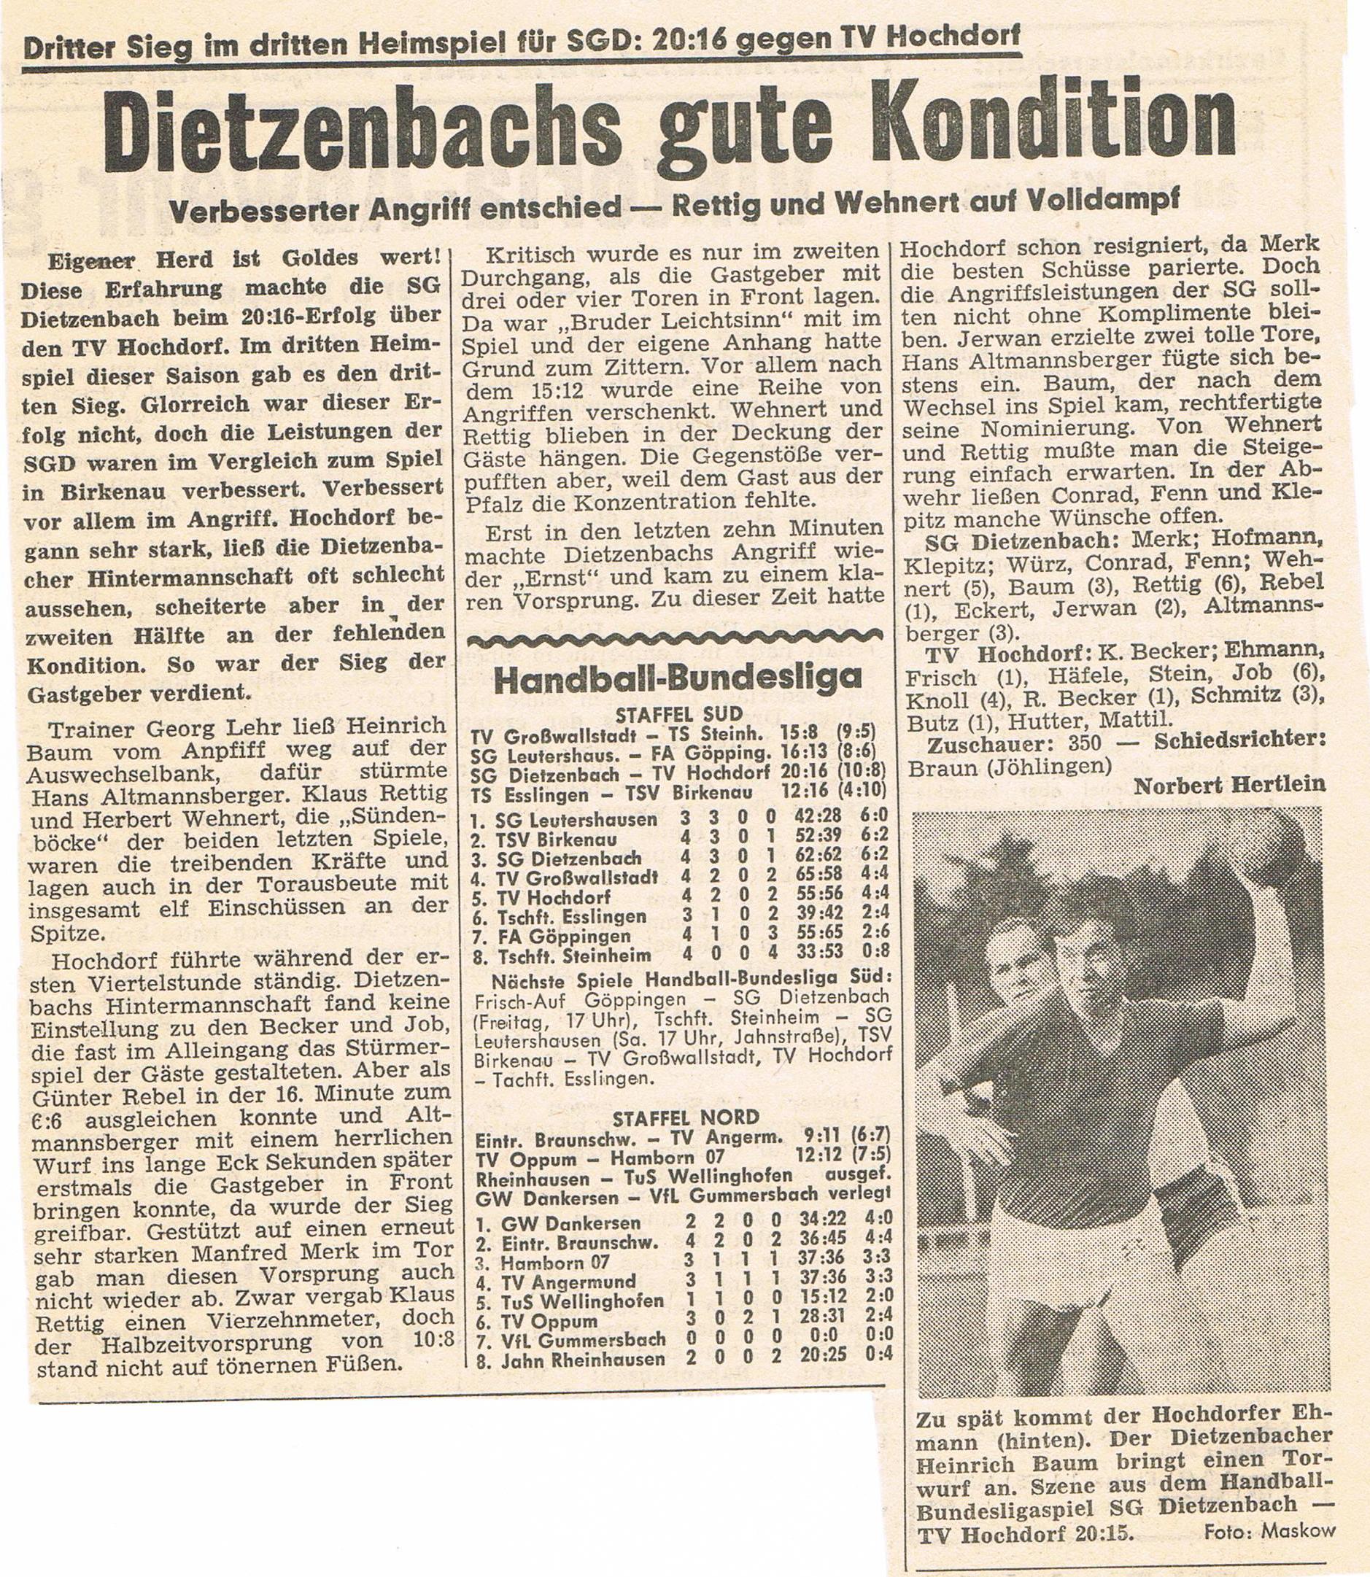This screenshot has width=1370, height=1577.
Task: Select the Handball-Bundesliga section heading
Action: pos(678,678)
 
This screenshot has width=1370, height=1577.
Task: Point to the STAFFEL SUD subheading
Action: pos(678,715)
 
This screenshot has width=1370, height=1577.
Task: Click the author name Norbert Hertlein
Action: pos(1228,785)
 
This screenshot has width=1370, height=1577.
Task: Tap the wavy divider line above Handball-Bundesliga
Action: pos(676,640)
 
